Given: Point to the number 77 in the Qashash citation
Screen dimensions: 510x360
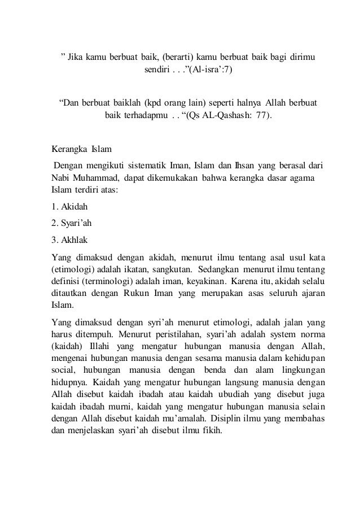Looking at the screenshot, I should tap(260, 117).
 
